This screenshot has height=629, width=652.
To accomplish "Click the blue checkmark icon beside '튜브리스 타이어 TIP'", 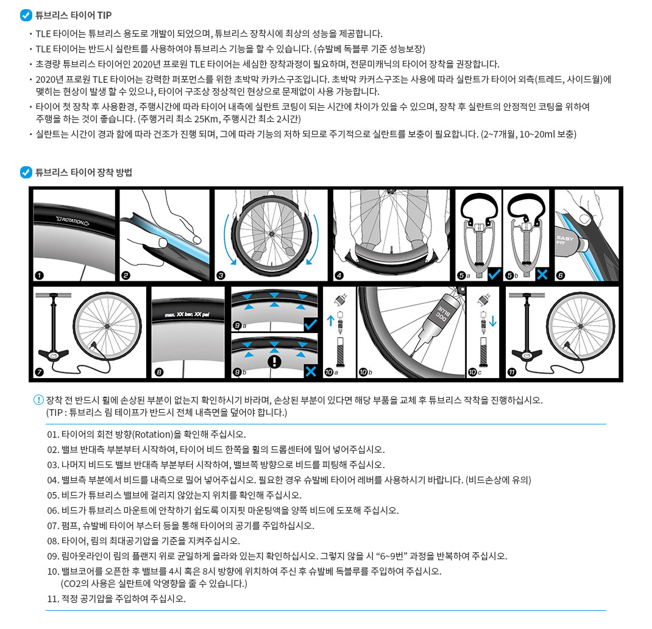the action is pos(26,15).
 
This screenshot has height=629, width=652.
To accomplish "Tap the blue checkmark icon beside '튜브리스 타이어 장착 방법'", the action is pos(26,172).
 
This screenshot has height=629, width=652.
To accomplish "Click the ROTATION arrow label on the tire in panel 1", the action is pos(73,220).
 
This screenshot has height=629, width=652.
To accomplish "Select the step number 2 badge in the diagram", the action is pos(126,275).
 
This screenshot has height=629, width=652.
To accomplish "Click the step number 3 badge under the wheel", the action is pos(221,275).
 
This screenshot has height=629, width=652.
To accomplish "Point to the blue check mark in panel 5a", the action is pos(494,273).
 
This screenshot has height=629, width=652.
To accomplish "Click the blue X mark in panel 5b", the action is pos(542,274).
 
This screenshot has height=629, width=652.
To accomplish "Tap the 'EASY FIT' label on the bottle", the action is pos(565,240).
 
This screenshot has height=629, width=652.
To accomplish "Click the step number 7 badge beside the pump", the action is pos(40,372).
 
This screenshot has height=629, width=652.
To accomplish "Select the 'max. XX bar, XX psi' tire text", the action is pos(186,314).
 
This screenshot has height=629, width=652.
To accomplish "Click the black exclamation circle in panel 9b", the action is pos(274,361).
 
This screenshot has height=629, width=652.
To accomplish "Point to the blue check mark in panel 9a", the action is pos(311,324).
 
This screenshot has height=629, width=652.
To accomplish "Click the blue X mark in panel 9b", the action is pos(311,371).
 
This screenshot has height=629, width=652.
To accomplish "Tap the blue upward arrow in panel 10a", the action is pos(331,320).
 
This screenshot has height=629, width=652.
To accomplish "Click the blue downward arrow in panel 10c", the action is pos(493,321).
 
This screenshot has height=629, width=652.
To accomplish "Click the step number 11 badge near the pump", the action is pos(512,372).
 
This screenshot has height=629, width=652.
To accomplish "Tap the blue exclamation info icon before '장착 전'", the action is pos(38,400).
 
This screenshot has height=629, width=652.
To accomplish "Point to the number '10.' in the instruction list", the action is pos(53,572).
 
